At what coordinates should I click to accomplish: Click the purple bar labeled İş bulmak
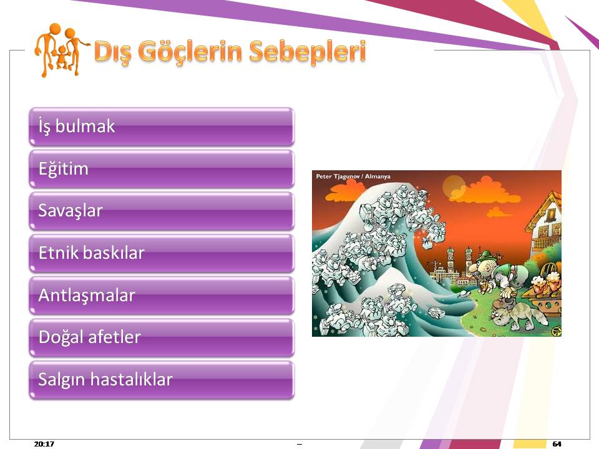[x=162, y=127]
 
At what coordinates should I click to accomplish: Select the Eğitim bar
[x=162, y=169]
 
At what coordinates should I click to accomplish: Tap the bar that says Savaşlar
[x=162, y=211]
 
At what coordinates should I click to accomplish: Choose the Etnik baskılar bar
[x=162, y=254]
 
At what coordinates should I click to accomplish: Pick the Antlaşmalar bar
[x=162, y=296]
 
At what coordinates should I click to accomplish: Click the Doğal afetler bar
[x=162, y=338]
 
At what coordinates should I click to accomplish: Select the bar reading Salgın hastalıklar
[x=162, y=380]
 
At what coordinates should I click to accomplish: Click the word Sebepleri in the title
[x=308, y=52]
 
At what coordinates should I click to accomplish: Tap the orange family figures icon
[x=60, y=50]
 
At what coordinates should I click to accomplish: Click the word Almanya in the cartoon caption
[x=377, y=176]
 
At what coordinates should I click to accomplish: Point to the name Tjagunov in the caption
[x=346, y=176]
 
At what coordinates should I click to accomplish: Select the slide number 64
[x=557, y=443]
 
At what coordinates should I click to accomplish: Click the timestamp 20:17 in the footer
[x=44, y=443]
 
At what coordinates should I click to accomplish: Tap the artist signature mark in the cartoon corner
[x=556, y=329]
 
